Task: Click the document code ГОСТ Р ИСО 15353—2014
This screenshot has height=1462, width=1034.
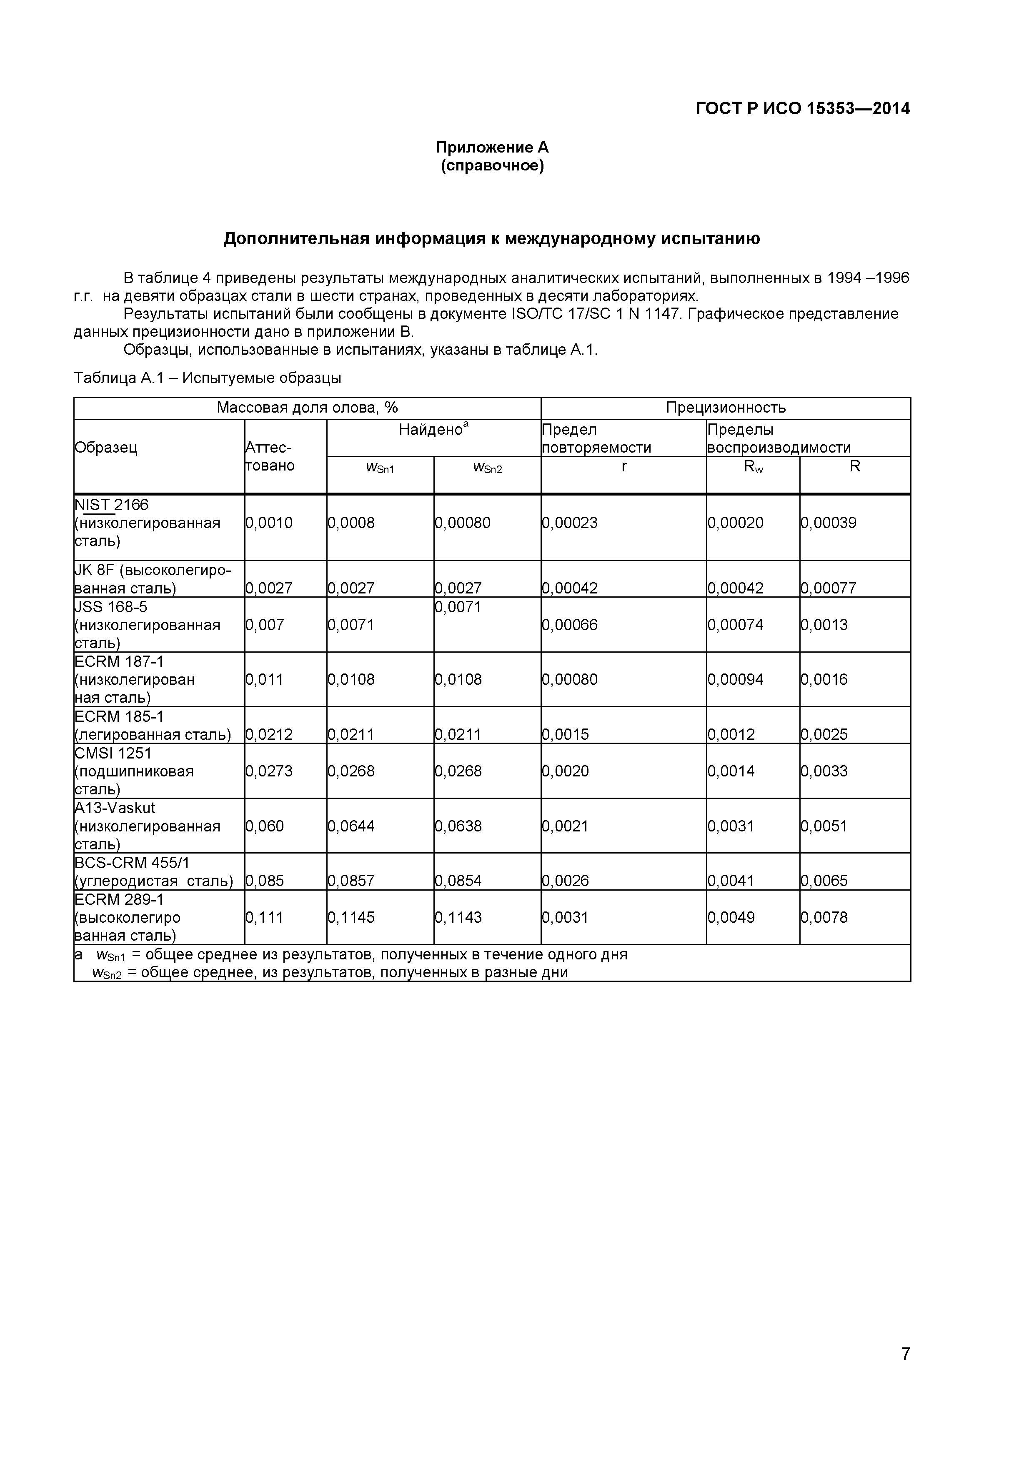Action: coord(802,109)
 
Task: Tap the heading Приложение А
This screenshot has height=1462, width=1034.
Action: coord(492,148)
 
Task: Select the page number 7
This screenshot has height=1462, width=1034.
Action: coord(905,1371)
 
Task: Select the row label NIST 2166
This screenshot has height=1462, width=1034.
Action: coord(111,505)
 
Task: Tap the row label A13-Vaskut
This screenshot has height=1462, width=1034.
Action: coord(115,808)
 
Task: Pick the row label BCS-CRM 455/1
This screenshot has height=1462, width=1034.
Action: coord(132,863)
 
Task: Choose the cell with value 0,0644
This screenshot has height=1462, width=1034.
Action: coord(351,826)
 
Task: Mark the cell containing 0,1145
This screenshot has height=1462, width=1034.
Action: coord(351,918)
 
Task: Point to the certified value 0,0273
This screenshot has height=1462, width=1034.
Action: coord(269,771)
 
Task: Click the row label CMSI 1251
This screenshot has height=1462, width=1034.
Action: coord(113,753)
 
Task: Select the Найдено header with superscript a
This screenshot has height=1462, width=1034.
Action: coord(433,430)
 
